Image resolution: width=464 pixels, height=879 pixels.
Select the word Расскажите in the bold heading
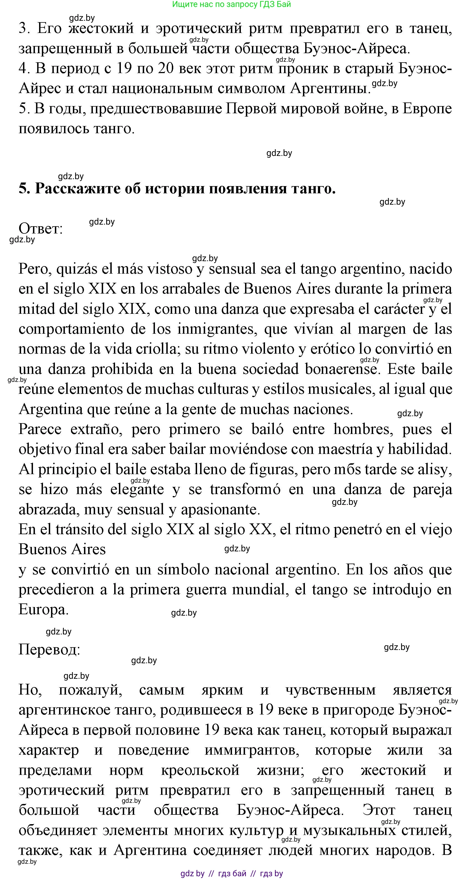78,189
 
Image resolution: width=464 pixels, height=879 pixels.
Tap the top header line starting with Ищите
231,4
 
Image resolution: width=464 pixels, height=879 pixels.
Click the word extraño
96,429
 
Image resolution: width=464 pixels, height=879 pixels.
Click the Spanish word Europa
43,610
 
